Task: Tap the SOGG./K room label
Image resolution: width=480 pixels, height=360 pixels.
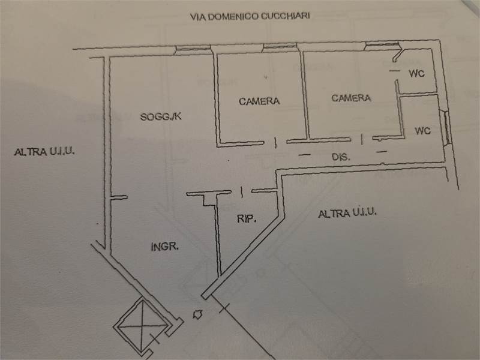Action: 160,117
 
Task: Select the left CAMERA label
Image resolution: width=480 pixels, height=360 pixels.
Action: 259,101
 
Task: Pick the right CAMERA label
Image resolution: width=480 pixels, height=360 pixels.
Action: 351,98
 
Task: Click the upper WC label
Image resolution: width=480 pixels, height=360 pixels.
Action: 417,74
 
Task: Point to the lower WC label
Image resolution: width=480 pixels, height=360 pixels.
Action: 422,130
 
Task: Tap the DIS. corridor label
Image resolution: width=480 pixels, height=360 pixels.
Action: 341,157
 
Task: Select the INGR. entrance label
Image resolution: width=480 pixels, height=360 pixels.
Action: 165,246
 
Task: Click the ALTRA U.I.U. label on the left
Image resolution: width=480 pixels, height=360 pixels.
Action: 44,151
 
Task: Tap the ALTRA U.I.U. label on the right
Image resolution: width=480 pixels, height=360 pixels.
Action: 347,212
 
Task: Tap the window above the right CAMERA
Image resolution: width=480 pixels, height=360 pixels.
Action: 382,46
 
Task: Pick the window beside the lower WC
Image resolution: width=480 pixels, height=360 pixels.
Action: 447,127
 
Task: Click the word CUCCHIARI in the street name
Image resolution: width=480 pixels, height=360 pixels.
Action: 285,17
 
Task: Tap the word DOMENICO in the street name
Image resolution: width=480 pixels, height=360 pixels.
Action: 232,17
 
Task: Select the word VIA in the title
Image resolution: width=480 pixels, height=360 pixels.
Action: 196,17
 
